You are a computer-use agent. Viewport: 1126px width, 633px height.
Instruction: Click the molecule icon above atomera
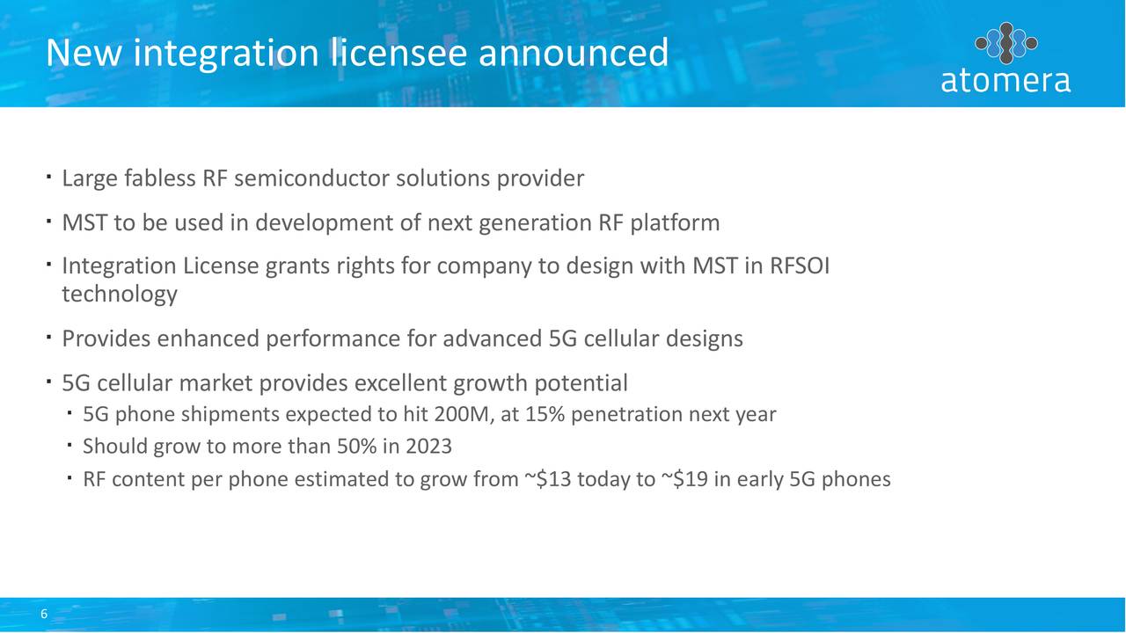coord(1005,43)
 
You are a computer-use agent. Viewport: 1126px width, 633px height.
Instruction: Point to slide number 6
coord(44,614)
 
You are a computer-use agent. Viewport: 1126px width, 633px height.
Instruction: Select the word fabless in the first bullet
coord(160,178)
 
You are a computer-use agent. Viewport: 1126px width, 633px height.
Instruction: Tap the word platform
coord(675,223)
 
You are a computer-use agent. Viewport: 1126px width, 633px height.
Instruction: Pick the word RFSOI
coord(800,266)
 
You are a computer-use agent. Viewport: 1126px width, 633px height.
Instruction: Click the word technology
coord(120,295)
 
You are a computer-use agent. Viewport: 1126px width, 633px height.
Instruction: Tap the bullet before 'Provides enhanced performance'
coord(48,338)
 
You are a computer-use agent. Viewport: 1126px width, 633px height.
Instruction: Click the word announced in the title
coord(573,52)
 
